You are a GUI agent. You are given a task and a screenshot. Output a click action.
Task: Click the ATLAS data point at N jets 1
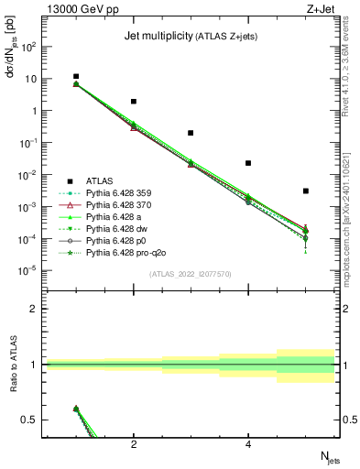[76, 77]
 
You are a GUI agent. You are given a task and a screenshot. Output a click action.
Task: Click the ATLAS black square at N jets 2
[134, 102]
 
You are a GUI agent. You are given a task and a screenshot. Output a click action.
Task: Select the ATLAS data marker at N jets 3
[191, 133]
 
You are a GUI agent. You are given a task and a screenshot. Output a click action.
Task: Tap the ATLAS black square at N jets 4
[248, 163]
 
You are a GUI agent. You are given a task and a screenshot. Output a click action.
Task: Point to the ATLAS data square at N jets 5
[305, 191]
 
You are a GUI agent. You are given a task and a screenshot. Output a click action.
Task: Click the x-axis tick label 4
[248, 444]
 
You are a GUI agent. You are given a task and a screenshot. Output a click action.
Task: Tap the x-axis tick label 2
[134, 444]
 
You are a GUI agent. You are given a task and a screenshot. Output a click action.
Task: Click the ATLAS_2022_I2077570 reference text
[191, 275]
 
